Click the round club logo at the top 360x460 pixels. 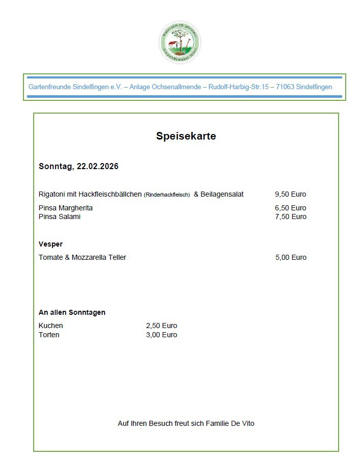pos(179,43)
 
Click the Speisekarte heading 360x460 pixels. pos(186,136)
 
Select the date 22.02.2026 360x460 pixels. pos(97,167)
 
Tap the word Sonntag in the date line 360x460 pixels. pos(55,167)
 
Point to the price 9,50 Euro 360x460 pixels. pos(290,194)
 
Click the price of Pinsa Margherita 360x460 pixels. pos(290,208)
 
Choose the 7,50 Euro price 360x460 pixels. pos(290,217)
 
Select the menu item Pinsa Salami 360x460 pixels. pos(59,217)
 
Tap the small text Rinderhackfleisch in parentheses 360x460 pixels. pos(167,195)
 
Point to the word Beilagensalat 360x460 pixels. pos(222,194)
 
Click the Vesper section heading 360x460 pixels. pos(50,244)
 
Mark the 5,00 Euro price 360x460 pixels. pos(291,257)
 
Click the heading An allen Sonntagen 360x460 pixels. pos(72,312)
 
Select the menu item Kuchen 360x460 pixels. pos(51,326)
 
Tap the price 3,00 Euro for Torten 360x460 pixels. pos(162,335)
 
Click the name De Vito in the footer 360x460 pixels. pos(243,423)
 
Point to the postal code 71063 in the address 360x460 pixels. pos(286,87)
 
